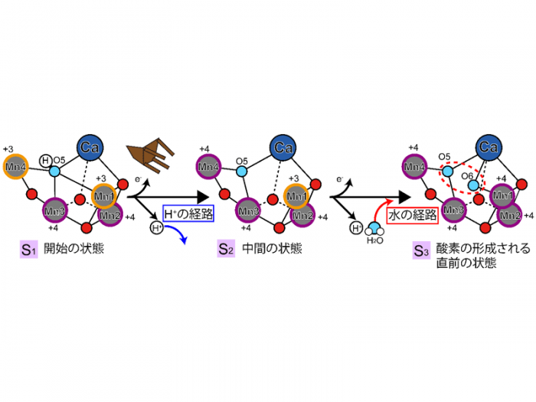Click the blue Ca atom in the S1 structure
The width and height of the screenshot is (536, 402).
[90, 146]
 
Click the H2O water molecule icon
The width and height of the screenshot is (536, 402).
[375, 228]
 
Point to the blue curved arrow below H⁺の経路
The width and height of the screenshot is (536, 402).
[181, 234]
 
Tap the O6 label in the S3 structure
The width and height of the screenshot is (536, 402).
[466, 175]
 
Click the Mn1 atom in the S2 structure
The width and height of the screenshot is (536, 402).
[296, 195]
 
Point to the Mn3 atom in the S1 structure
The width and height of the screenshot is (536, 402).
[53, 208]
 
